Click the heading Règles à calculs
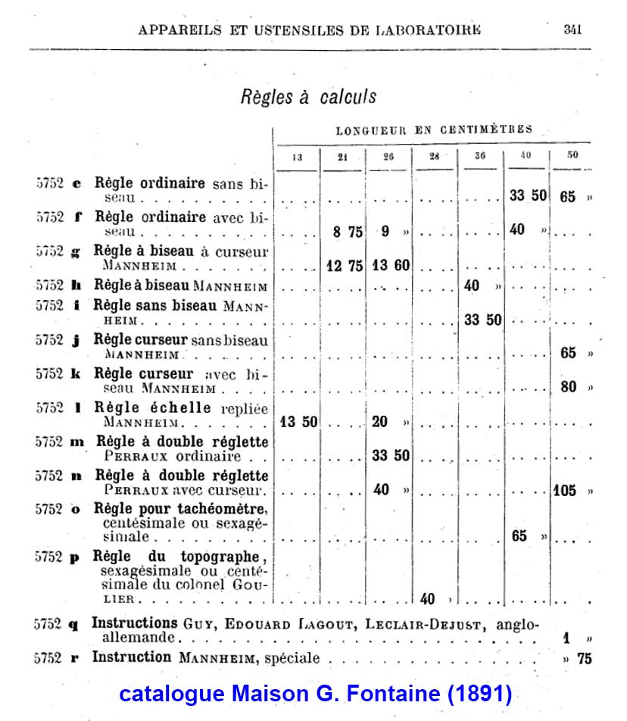click(308, 97)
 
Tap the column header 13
click(296, 156)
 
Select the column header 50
click(572, 155)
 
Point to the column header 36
click(480, 156)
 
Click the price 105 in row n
click(564, 490)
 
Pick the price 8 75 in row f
click(348, 232)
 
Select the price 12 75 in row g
click(344, 265)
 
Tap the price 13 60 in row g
click(391, 265)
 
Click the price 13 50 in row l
click(298, 422)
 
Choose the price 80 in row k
click(568, 386)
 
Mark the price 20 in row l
click(380, 422)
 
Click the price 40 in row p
click(427, 599)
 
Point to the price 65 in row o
click(519, 536)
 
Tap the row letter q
click(73, 625)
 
